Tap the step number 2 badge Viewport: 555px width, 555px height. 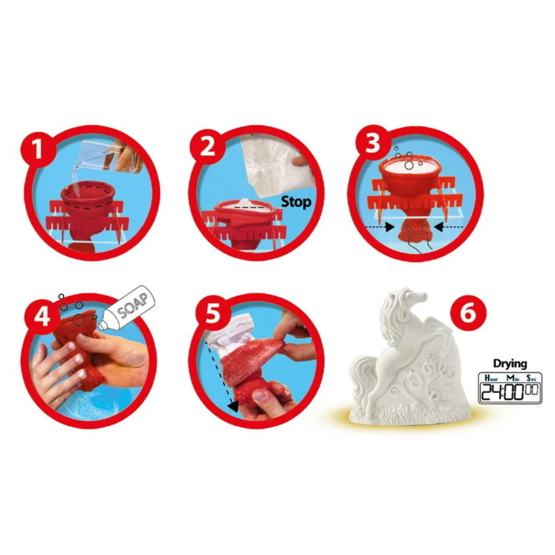pyautogui.click(x=207, y=146)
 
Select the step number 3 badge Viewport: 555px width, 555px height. pyautogui.click(x=372, y=144)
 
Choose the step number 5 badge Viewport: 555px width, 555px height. pyautogui.click(x=212, y=313)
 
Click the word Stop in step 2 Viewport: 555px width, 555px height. pyautogui.click(x=296, y=202)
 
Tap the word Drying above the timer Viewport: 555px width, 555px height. pyautogui.click(x=510, y=364)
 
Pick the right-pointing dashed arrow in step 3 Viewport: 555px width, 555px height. pyautogui.click(x=380, y=226)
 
